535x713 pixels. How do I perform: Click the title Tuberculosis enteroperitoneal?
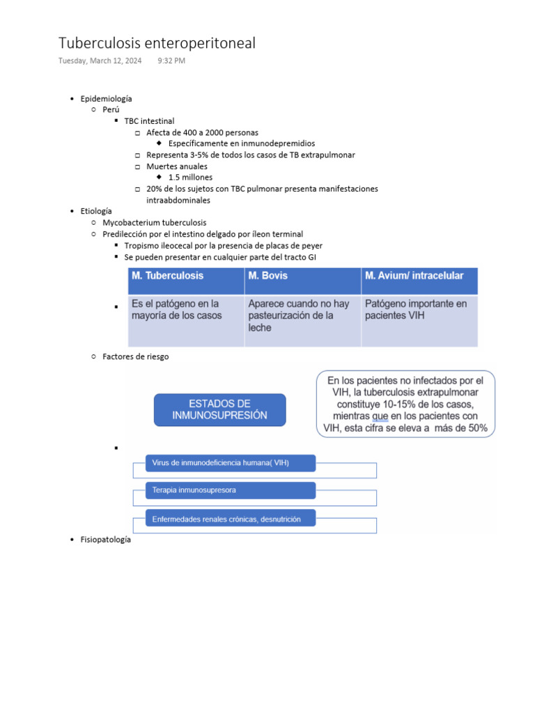pos(157,43)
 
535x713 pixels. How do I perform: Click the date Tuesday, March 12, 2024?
pos(100,61)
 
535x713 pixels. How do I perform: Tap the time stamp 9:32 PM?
pos(171,61)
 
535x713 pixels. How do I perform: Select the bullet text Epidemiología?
pos(106,99)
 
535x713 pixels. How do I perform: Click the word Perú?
pos(111,110)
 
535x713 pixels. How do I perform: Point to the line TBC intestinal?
pos(149,121)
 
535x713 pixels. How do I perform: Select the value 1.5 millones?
pos(190,178)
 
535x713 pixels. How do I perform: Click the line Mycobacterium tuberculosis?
pos(154,223)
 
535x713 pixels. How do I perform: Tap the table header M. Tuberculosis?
pos(168,276)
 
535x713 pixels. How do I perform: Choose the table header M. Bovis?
pos(268,276)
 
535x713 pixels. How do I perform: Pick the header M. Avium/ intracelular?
pos(414,276)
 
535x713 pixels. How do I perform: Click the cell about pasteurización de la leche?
pos(299,315)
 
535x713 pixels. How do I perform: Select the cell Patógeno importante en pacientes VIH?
pos(416,310)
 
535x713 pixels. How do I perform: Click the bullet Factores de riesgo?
pos(135,356)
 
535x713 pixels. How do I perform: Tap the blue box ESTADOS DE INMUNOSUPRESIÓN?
pos(219,409)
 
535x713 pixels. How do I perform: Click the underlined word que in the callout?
pos(380,416)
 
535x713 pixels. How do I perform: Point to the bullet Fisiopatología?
pos(105,540)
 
